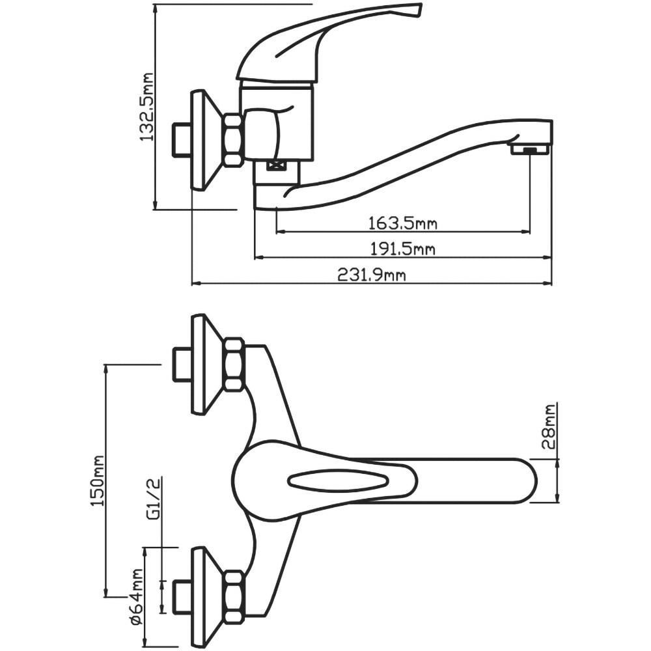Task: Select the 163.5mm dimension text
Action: coord(403,224)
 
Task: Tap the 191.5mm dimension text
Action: coord(403,249)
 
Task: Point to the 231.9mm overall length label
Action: coord(372,275)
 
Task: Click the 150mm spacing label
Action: coord(97,480)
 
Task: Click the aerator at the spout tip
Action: coord(530,150)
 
